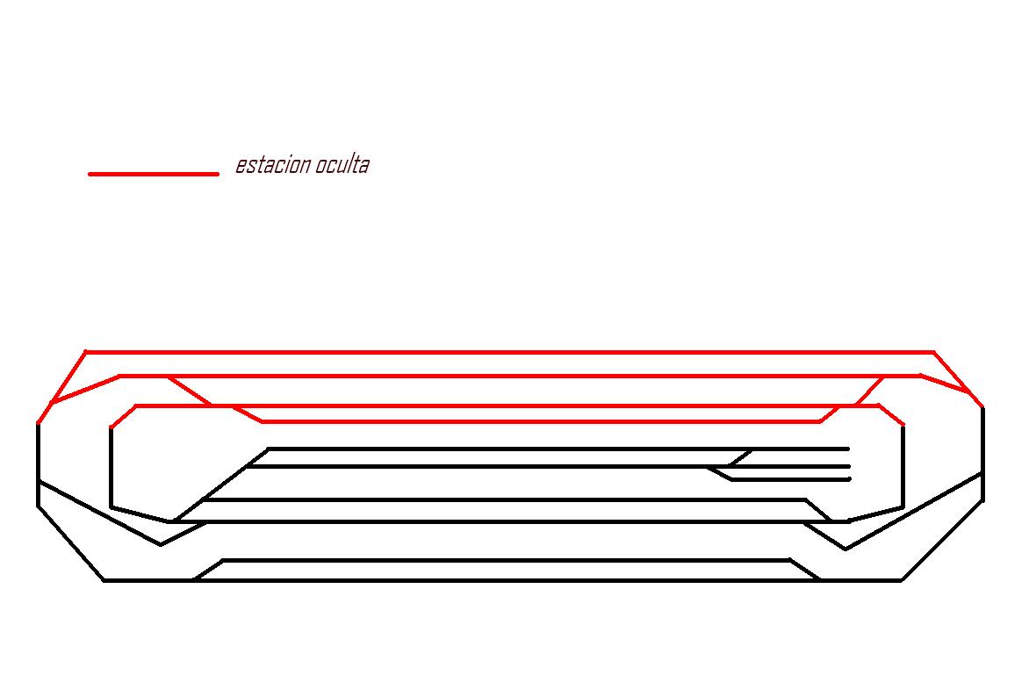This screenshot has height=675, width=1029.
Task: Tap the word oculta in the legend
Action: pyautogui.click(x=342, y=164)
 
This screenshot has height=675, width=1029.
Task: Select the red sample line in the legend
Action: pyautogui.click(x=154, y=174)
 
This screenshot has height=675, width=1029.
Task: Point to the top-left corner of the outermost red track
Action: pyautogui.click(x=86, y=352)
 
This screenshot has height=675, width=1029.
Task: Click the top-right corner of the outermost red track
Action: pyautogui.click(x=933, y=352)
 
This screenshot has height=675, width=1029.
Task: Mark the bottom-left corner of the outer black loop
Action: pyautogui.click(x=104, y=580)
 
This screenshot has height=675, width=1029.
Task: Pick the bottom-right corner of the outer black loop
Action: pyautogui.click(x=902, y=580)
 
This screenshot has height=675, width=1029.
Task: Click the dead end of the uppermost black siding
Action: pyautogui.click(x=848, y=449)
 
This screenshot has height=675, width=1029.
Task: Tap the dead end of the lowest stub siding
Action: pyautogui.click(x=850, y=479)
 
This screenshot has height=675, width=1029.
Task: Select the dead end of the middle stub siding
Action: pyautogui.click(x=849, y=466)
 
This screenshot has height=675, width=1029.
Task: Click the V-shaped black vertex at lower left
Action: pyautogui.click(x=161, y=544)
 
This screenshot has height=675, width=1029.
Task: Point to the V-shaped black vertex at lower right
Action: pyautogui.click(x=846, y=549)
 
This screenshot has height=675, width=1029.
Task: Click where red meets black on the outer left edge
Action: pyautogui.click(x=38, y=424)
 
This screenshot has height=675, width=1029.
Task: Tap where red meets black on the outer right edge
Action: pyautogui.click(x=982, y=407)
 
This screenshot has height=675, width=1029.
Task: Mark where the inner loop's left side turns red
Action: pyautogui.click(x=112, y=427)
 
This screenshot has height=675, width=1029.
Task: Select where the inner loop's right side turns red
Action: pyautogui.click(x=903, y=425)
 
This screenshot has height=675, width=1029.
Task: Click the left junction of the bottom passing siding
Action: pyautogui.click(x=194, y=580)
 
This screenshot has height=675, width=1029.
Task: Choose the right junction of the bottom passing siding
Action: pyautogui.click(x=819, y=580)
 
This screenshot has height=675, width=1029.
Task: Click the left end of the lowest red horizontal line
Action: pyautogui.click(x=263, y=422)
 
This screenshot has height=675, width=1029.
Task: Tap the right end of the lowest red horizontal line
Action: pyautogui.click(x=820, y=422)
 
